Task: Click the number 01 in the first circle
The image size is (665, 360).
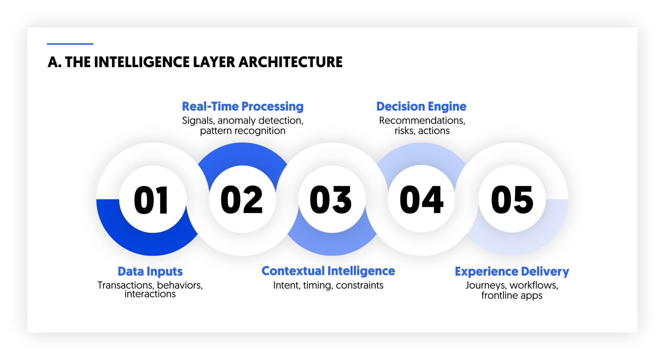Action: point(152,200)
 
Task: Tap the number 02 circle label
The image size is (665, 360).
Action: point(242,200)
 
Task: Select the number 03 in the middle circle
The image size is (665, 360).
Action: point(331,200)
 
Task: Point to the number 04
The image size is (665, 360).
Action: point(421,200)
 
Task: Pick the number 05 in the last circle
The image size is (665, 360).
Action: point(512,200)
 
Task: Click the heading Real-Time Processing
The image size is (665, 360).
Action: point(243,106)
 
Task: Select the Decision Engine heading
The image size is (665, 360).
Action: point(421,106)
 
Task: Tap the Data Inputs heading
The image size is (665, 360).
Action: point(150,271)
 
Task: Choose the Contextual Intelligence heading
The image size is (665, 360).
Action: point(328,271)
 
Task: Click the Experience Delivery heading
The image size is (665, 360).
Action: point(512,271)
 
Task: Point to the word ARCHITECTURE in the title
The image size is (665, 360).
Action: point(290,62)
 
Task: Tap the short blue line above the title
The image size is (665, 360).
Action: point(70,44)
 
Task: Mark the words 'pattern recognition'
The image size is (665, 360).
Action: point(243,131)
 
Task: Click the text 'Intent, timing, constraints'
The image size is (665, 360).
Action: point(328,285)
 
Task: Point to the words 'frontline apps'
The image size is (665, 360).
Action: point(512,295)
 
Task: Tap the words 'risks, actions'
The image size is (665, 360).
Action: point(422,131)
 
